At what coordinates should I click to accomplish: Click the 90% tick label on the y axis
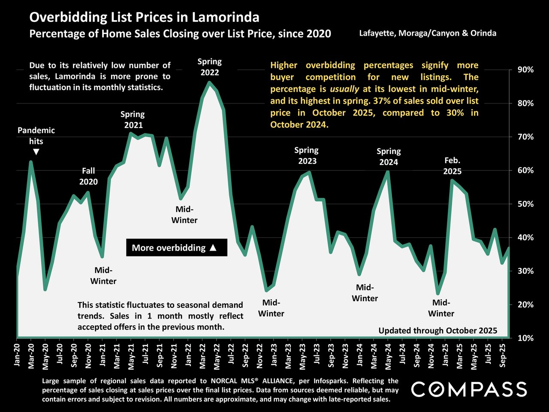[525, 70]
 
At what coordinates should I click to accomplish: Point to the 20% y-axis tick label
[525, 305]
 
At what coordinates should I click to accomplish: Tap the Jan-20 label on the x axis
[18, 354]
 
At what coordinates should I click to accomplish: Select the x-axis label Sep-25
[502, 354]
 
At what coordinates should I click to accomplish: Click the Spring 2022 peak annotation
[209, 67]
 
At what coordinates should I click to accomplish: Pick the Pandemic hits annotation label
[36, 136]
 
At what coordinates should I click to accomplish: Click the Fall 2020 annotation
[88, 176]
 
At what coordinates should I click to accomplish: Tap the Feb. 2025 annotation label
[452, 166]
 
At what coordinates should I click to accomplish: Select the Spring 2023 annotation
[307, 156]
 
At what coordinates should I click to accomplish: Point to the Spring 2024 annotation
[388, 157]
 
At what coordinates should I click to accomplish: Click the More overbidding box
[176, 248]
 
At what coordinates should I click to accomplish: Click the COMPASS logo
[469, 389]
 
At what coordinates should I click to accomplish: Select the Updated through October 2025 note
[437, 330]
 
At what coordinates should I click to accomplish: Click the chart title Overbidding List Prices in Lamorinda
[144, 18]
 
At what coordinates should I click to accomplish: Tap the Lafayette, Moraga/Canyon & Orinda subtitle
[427, 33]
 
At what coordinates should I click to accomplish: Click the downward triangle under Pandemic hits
[36, 152]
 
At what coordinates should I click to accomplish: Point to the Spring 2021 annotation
[133, 120]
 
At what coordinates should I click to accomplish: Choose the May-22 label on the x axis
[217, 354]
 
